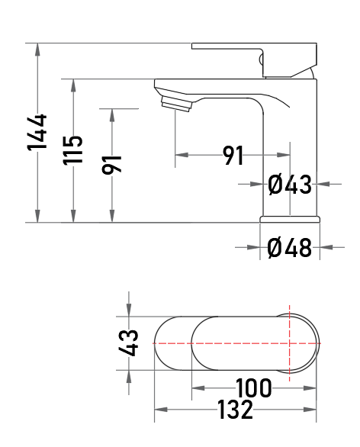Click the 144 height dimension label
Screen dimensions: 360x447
point(37,132)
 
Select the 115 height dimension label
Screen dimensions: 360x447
point(73,150)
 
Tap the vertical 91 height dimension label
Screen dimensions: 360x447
point(111,165)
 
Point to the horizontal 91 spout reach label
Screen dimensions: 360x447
point(233,156)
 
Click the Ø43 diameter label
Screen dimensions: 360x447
point(289,185)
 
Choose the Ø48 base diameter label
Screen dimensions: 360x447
point(289,248)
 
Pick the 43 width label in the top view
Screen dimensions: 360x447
point(128,343)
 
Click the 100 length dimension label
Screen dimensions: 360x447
point(254,388)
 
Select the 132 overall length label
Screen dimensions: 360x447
point(235,410)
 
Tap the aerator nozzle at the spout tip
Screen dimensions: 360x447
point(177,104)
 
